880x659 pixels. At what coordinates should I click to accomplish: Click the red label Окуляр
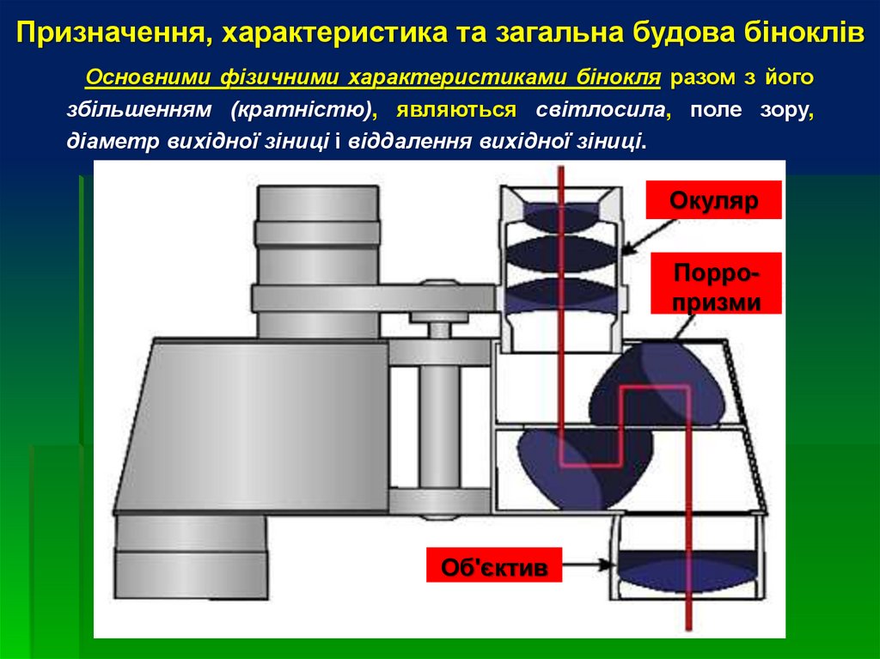(713, 203)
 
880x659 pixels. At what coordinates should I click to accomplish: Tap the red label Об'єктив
(494, 567)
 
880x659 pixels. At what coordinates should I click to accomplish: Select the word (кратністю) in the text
(305, 110)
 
